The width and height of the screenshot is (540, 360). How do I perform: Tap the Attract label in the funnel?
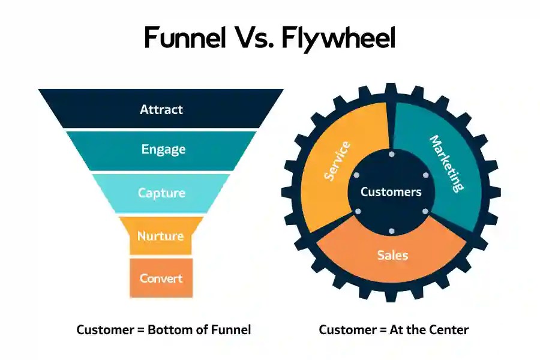pos(161,110)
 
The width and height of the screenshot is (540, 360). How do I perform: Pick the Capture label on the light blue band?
pos(161,193)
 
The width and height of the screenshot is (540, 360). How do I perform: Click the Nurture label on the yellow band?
pos(160,236)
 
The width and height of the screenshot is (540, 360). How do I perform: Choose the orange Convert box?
pos(161,278)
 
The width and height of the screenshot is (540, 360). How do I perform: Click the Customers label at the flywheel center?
pos(391,192)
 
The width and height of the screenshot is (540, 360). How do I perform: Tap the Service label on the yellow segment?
pos(337,161)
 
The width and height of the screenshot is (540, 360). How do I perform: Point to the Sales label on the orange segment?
pos(392,255)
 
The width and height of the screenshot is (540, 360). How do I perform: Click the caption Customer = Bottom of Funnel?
pos(163,329)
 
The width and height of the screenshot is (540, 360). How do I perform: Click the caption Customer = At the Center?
pos(394,329)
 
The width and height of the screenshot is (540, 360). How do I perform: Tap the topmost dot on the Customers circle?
pos(391,154)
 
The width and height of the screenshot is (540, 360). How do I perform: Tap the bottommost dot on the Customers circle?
pos(391,231)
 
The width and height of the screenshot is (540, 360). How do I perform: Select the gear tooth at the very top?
pos(391,92)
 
